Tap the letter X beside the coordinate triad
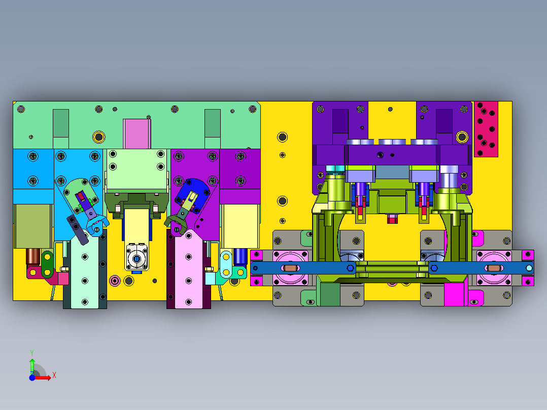click(54, 375)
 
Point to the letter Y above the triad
click(32, 353)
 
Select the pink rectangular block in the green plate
click(137, 133)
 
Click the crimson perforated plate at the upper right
click(486, 129)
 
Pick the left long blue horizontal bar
click(303, 268)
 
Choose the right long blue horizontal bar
click(482, 268)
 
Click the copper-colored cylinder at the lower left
click(33, 256)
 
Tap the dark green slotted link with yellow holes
click(48, 264)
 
